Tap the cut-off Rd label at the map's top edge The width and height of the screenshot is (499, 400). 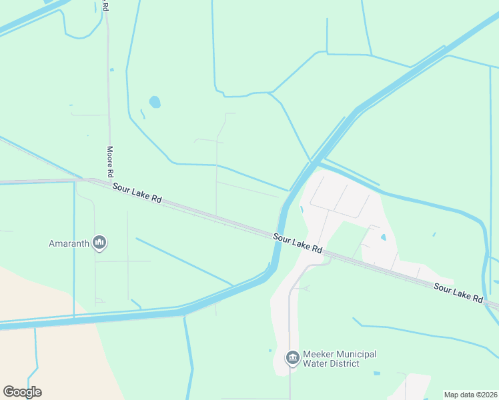point(106,5)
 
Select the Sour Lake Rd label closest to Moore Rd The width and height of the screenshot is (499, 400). point(137,193)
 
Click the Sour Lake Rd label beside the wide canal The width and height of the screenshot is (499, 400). point(298,242)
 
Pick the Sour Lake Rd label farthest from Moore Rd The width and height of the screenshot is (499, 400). point(458,293)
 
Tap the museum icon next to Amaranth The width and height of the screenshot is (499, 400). point(100,242)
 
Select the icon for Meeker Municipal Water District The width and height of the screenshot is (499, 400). point(292,359)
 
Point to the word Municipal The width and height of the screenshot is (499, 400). point(358,354)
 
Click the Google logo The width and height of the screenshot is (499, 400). point(22,392)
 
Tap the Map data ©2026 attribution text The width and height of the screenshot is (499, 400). point(470,395)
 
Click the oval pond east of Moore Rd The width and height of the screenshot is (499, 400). point(155,102)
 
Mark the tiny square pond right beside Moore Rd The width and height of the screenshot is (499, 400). point(111,69)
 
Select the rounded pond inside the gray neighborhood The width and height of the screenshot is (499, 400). point(383,237)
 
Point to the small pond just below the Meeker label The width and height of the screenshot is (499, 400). point(377,373)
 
